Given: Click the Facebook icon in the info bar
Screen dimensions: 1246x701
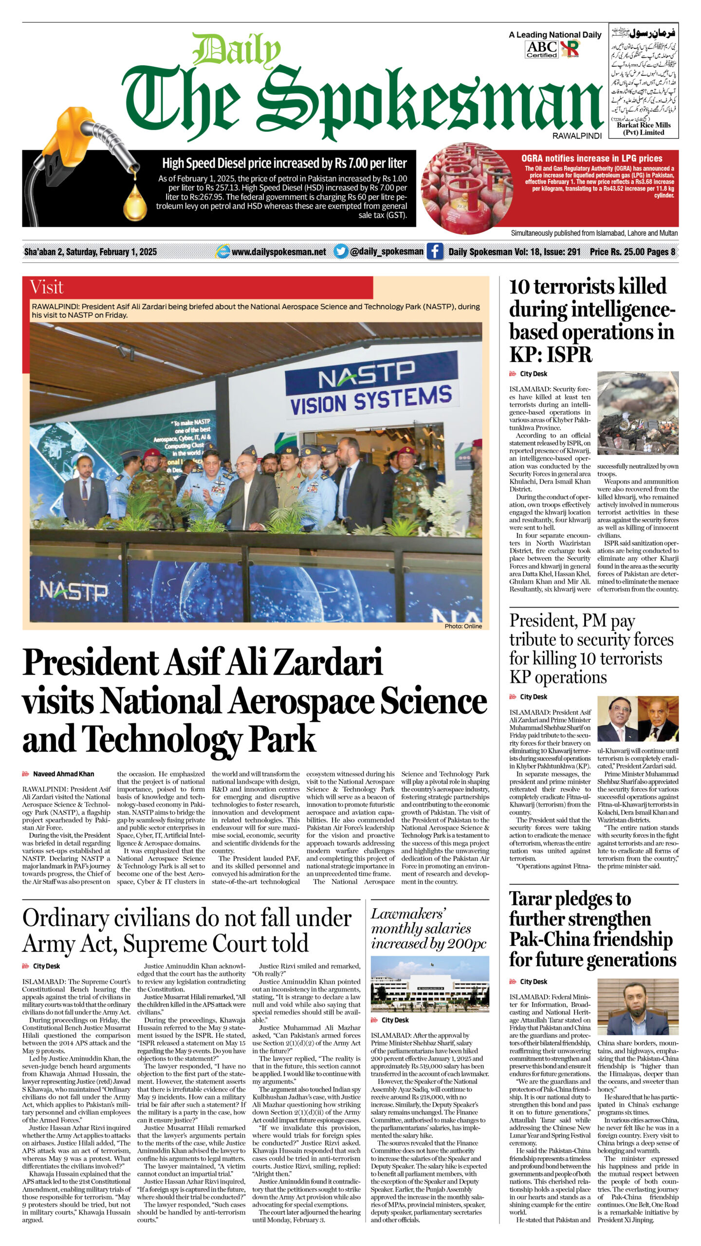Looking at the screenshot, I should click(435, 252).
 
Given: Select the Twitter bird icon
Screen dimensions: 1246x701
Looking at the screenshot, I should click(341, 252).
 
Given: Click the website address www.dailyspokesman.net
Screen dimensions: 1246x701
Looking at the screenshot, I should click(278, 252).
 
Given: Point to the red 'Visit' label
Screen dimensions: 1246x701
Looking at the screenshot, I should click(47, 287).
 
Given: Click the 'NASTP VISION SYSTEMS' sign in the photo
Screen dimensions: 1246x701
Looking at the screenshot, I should click(371, 389).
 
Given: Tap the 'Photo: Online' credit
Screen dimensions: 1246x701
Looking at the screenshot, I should click(463, 626).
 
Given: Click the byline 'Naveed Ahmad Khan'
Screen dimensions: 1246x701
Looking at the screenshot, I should click(63, 774).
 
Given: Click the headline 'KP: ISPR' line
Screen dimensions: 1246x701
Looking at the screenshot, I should click(551, 354).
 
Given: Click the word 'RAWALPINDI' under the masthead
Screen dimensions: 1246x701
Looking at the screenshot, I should click(577, 136).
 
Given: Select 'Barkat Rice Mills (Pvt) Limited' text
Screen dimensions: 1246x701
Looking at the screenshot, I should click(644, 128).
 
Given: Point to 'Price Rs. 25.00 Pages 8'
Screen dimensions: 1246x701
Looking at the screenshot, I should click(632, 252).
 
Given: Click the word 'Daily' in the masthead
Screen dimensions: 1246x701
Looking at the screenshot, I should click(236, 50).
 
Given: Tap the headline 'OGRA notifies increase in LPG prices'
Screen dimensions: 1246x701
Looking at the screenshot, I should click(591, 158).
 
